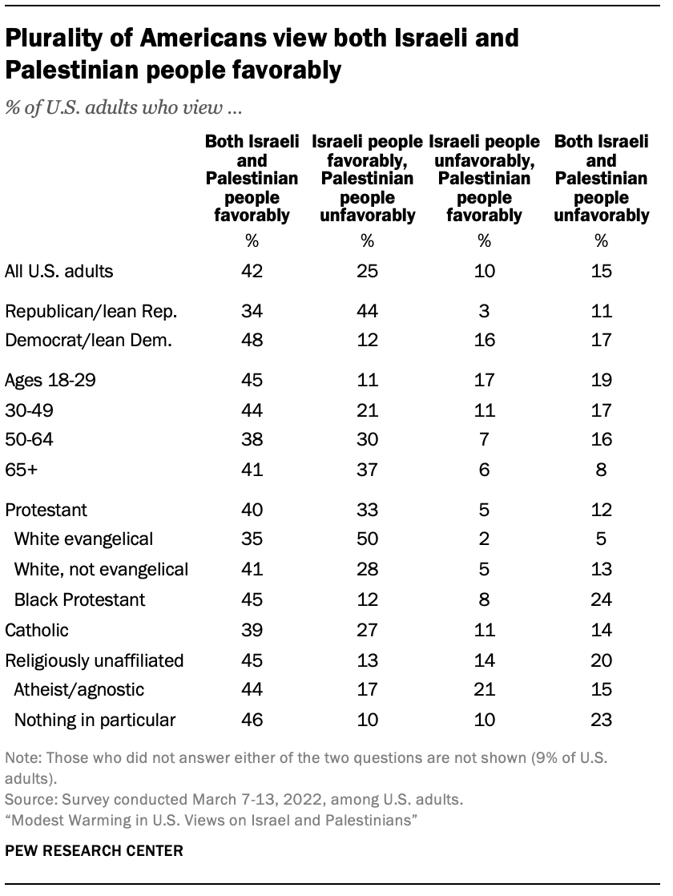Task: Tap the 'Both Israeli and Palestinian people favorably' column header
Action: (x=251, y=179)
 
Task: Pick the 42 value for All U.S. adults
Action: (x=251, y=271)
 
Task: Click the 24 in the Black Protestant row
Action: (x=601, y=599)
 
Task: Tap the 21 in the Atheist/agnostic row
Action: (x=484, y=690)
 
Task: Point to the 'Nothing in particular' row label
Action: (x=95, y=720)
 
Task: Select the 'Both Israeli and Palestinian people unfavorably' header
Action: (x=601, y=179)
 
